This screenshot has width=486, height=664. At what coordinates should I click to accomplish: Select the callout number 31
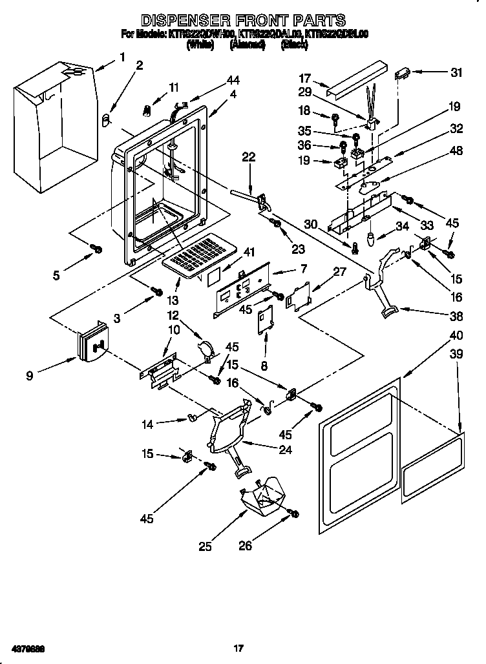(456, 73)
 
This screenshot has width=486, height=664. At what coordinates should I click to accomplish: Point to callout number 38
(456, 316)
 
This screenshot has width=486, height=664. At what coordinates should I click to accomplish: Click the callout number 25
(205, 546)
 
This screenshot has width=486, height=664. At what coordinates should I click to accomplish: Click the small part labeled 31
(405, 73)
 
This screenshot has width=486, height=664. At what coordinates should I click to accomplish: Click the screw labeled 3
(156, 293)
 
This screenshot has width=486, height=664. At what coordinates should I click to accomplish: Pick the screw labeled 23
(276, 223)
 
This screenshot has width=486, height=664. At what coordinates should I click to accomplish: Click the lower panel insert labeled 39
(433, 467)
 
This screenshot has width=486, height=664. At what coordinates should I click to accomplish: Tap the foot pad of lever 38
(388, 313)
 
